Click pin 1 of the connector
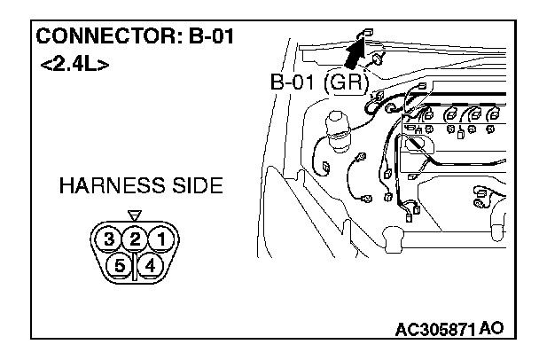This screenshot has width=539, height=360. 160,239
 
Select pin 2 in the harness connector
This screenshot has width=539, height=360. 135,239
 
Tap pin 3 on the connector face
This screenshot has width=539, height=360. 109,239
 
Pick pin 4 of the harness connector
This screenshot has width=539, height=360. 149,264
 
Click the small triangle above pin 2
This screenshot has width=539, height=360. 135,215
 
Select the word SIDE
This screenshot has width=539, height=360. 197,187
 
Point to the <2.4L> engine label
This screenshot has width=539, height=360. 74,66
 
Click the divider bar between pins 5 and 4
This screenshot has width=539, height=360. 135,266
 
